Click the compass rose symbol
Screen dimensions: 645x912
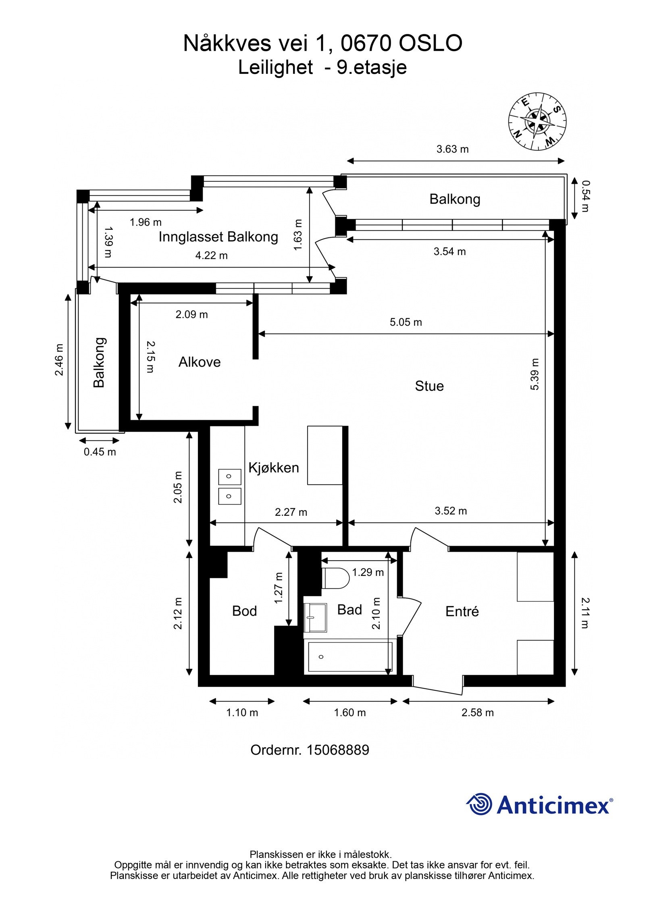(x=537, y=122)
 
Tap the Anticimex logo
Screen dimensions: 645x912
(x=539, y=804)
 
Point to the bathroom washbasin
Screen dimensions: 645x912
(x=315, y=618)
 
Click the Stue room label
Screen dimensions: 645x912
(x=429, y=386)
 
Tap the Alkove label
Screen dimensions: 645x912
(x=200, y=362)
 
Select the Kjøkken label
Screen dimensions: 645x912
(x=274, y=467)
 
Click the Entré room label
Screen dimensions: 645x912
(x=462, y=611)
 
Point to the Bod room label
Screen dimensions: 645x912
(x=244, y=611)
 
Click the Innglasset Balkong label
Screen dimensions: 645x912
(x=218, y=237)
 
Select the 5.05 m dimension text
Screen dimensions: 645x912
(x=406, y=322)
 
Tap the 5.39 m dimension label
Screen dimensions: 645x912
(x=535, y=374)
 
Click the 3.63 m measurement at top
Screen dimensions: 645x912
(x=452, y=149)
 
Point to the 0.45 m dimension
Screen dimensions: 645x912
(x=100, y=452)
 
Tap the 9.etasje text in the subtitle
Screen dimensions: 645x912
(x=372, y=67)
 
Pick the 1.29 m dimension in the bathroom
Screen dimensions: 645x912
(x=368, y=572)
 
